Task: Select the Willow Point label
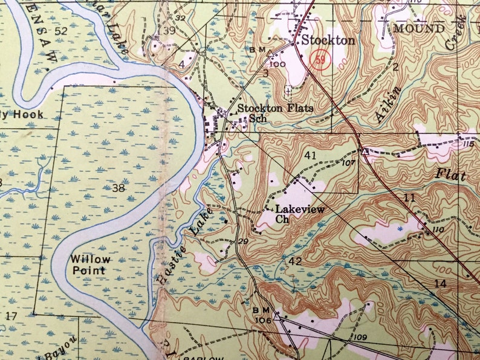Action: pyautogui.click(x=91, y=265)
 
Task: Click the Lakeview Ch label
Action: pyautogui.click(x=299, y=214)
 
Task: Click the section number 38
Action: pyautogui.click(x=118, y=188)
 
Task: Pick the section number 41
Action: pyautogui.click(x=311, y=155)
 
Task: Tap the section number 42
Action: pyautogui.click(x=296, y=261)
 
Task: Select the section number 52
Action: pyautogui.click(x=60, y=31)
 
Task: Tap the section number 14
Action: pyautogui.click(x=439, y=283)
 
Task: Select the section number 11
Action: pyautogui.click(x=410, y=198)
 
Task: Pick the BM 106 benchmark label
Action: pyautogui.click(x=261, y=314)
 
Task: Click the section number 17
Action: pyautogui.click(x=11, y=315)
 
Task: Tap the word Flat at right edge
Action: pyautogui.click(x=451, y=176)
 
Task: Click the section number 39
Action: pyautogui.click(x=169, y=31)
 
